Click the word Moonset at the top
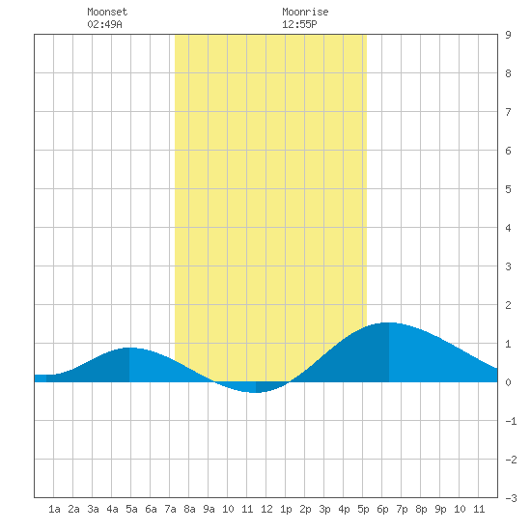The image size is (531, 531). [x=107, y=12]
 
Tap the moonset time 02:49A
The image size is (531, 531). [x=104, y=24]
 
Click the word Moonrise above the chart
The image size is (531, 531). [x=305, y=12]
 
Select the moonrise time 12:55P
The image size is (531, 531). [x=299, y=24]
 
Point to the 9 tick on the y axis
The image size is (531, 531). [x=508, y=35]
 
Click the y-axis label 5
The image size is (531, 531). [x=508, y=189]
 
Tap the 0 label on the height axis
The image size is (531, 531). [x=508, y=382]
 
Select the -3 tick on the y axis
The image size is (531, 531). [x=511, y=498]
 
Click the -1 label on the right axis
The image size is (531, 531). [x=511, y=421]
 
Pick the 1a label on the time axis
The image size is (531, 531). [x=54, y=509]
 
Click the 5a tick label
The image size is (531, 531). [x=131, y=509]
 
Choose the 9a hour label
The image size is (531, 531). [x=209, y=509]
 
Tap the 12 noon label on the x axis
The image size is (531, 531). [x=266, y=509]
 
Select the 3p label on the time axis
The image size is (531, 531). [x=324, y=509]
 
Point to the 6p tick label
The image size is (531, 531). [x=382, y=509]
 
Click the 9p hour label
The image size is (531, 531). [x=440, y=509]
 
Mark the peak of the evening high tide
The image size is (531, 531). [x=389, y=322]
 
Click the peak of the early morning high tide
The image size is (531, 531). [x=129, y=348]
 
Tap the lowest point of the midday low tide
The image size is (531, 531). [x=256, y=393]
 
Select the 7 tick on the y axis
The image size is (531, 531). [x=508, y=112]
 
